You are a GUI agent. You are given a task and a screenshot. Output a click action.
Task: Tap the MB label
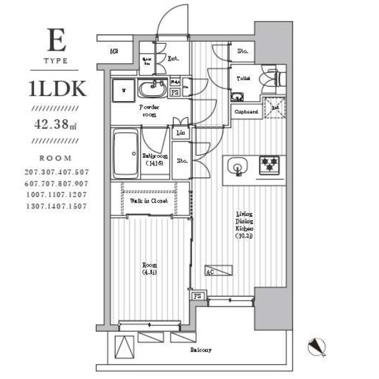(x=114, y=52)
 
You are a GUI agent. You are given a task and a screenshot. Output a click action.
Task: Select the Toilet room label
(x=244, y=78)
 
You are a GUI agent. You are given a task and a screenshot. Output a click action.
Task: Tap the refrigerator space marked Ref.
(x=275, y=109)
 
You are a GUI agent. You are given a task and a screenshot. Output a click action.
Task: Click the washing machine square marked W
(x=124, y=90)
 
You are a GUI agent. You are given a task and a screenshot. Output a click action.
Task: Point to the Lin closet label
(x=181, y=133)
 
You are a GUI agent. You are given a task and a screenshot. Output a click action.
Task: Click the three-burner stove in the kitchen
(x=270, y=165)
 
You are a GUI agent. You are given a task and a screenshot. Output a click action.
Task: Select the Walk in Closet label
(x=148, y=201)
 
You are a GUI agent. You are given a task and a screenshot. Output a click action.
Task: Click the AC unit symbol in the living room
(x=219, y=270)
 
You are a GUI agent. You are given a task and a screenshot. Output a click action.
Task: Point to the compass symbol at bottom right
(x=317, y=347)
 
